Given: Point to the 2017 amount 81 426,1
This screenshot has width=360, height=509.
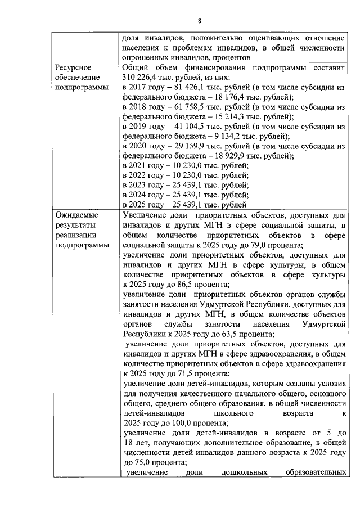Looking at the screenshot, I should pos(181,88).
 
